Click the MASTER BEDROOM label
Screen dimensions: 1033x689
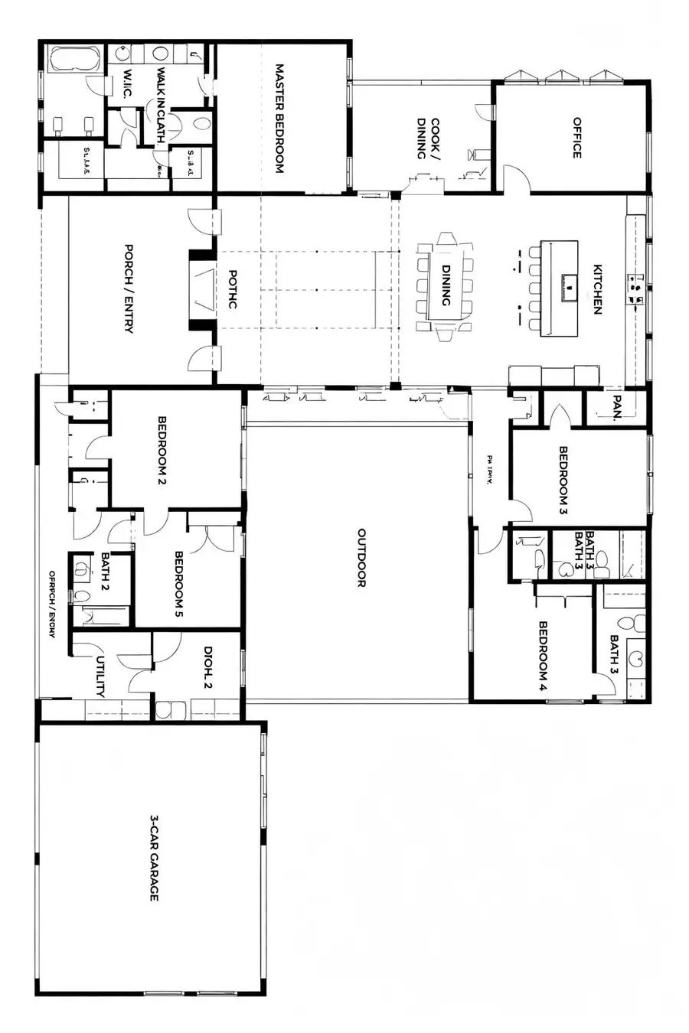(x=279, y=118)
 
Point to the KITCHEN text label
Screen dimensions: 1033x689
(x=598, y=289)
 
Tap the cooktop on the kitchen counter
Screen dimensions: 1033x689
(x=635, y=286)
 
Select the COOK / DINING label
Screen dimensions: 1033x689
(x=427, y=138)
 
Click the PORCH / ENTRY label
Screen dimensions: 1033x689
(x=129, y=288)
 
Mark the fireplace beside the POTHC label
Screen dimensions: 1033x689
(x=203, y=288)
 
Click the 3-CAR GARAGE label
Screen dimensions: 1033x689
(x=154, y=858)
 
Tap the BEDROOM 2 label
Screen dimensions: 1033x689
(x=162, y=451)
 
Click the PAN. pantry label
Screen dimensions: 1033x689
(x=617, y=408)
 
